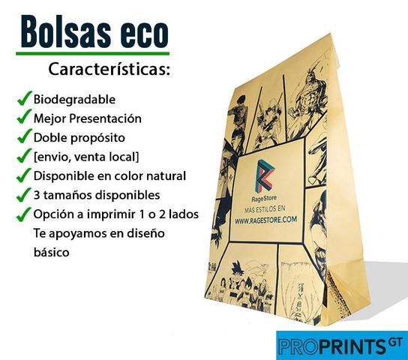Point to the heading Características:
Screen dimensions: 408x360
(x=109, y=69)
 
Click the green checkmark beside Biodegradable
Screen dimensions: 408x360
(x=25, y=98)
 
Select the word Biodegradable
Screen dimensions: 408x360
(x=74, y=99)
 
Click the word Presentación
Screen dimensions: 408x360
(x=105, y=118)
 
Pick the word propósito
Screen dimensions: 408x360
(x=97, y=138)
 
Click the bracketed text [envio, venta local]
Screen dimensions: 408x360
(x=86, y=157)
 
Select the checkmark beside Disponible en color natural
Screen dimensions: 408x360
(x=25, y=175)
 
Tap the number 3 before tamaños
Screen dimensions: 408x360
(x=37, y=195)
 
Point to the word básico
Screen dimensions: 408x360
(x=52, y=252)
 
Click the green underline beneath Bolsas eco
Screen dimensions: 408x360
(x=93, y=53)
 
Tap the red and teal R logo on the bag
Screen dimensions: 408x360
(x=265, y=175)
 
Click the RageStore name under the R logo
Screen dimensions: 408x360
(x=264, y=199)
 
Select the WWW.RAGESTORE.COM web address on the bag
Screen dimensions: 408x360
(x=265, y=220)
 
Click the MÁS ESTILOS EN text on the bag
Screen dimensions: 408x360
(x=264, y=208)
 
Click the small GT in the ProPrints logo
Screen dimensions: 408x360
(x=395, y=342)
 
